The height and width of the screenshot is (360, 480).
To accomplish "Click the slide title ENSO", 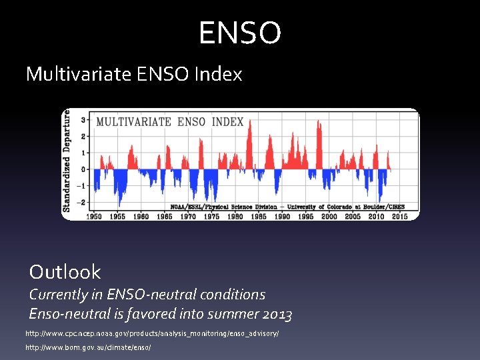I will tap(240, 33).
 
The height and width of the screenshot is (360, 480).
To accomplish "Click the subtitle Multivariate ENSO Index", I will tap(134, 74).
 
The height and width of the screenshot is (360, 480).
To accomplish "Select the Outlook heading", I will tap(65, 272).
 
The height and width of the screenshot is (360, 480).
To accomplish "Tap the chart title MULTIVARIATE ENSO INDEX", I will tap(170, 122).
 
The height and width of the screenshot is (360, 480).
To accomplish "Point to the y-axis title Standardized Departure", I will tap(67, 161).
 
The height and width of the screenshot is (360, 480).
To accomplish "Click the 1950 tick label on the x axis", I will tap(94, 216).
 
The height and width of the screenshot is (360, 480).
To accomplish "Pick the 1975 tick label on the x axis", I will tap(211, 216).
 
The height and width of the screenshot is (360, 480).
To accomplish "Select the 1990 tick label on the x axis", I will tap(282, 216).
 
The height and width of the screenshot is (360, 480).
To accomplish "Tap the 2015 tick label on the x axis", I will tap(399, 216).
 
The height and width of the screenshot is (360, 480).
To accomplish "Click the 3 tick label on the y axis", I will tap(83, 121).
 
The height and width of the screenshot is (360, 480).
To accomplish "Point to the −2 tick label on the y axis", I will tap(81, 202).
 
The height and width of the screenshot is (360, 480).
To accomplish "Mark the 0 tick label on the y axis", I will tap(83, 169).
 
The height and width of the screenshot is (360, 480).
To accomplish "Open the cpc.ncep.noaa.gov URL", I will tap(152, 333).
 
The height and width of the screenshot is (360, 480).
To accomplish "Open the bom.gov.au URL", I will tap(88, 348).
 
